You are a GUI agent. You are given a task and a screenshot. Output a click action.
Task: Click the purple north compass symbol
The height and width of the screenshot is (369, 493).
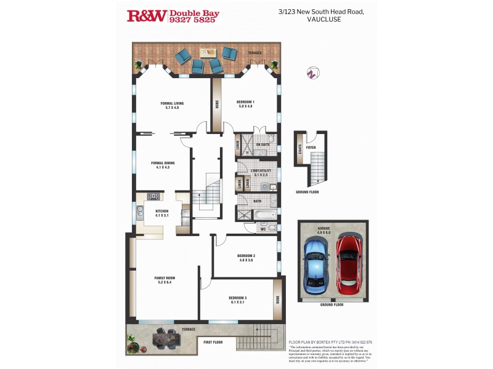click(x=312, y=73)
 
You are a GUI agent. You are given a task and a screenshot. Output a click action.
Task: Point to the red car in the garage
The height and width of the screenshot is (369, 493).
click(x=349, y=264)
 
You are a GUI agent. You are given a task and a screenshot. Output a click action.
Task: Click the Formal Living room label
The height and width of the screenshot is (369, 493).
click(x=172, y=103)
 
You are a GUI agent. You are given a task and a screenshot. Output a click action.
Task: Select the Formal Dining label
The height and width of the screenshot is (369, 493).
click(x=163, y=163)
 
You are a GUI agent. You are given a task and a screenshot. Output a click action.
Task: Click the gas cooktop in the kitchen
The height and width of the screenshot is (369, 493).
click(x=153, y=197)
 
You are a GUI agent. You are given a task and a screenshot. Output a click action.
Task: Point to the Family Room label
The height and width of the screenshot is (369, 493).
click(x=165, y=278)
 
